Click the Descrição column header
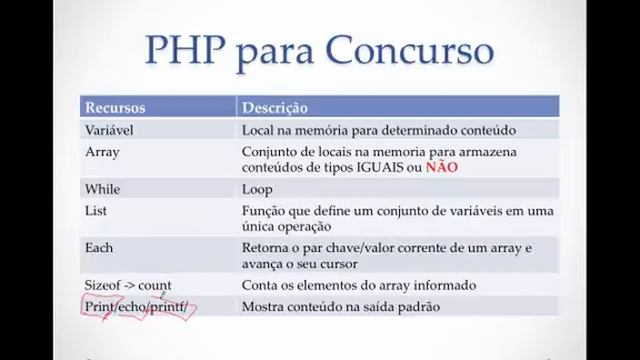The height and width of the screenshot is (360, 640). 275,107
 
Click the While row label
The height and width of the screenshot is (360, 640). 103,188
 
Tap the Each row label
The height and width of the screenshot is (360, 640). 99,247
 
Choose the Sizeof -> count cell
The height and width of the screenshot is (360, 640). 127,285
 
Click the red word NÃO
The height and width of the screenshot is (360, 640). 441,167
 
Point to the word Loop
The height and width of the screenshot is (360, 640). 257,188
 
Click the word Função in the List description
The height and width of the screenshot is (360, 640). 265,210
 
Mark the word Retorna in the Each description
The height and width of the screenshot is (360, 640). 268,247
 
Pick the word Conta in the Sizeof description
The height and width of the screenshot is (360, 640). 260,285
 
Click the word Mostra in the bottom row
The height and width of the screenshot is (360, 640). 265,306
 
